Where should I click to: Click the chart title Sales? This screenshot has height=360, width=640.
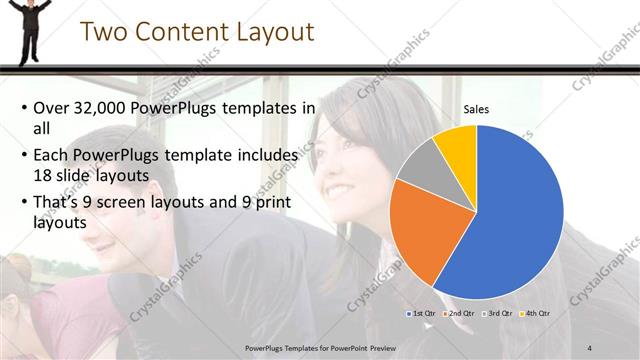click(476, 110)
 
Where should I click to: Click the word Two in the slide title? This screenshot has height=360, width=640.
click(104, 32)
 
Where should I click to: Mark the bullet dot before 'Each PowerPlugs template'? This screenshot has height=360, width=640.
click(24, 156)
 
